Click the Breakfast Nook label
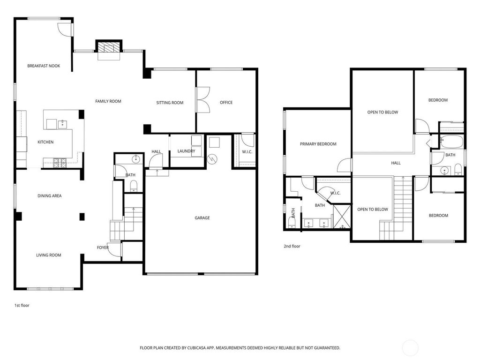click(x=44, y=66)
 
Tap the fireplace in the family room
click(x=109, y=48)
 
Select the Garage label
click(x=202, y=218)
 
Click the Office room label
click(x=226, y=103)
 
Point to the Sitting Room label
click(x=170, y=103)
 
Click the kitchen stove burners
click(x=60, y=163)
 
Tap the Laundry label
click(x=186, y=151)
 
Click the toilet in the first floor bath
click(x=134, y=186)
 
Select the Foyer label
click(x=103, y=247)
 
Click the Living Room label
click(x=49, y=255)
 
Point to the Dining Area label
click(x=50, y=196)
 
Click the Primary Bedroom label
click(x=318, y=144)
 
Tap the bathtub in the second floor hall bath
click(x=451, y=141)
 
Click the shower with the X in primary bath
click(x=342, y=217)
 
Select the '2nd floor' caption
click(x=292, y=246)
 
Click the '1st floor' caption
click(x=22, y=305)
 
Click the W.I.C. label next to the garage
click(x=247, y=152)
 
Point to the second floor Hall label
click(x=396, y=163)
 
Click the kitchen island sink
click(x=63, y=124)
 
